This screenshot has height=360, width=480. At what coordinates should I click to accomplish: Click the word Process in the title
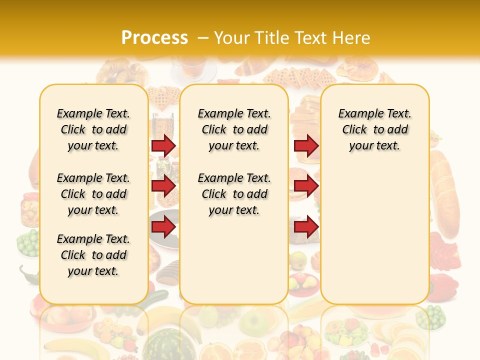[154, 37]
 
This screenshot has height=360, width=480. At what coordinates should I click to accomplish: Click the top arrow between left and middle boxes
[163, 146]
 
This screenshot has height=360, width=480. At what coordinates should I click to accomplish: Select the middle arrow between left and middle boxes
[163, 186]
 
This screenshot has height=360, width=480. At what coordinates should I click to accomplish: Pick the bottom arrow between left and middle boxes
[163, 227]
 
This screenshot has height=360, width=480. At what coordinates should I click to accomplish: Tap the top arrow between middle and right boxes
[306, 146]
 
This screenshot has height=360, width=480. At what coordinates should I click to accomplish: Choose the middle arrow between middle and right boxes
[306, 186]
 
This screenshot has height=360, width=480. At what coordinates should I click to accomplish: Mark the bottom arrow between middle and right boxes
[306, 227]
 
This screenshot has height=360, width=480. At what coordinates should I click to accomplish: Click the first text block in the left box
[93, 129]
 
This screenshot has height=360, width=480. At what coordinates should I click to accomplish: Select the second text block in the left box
[93, 194]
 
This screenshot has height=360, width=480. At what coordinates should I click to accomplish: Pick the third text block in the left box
[93, 255]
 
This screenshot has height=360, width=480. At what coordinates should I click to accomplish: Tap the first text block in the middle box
[234, 129]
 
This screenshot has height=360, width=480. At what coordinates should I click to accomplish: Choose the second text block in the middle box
[234, 194]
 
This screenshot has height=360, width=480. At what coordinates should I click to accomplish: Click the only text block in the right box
[374, 129]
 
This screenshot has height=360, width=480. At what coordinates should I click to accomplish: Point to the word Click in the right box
[354, 130]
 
